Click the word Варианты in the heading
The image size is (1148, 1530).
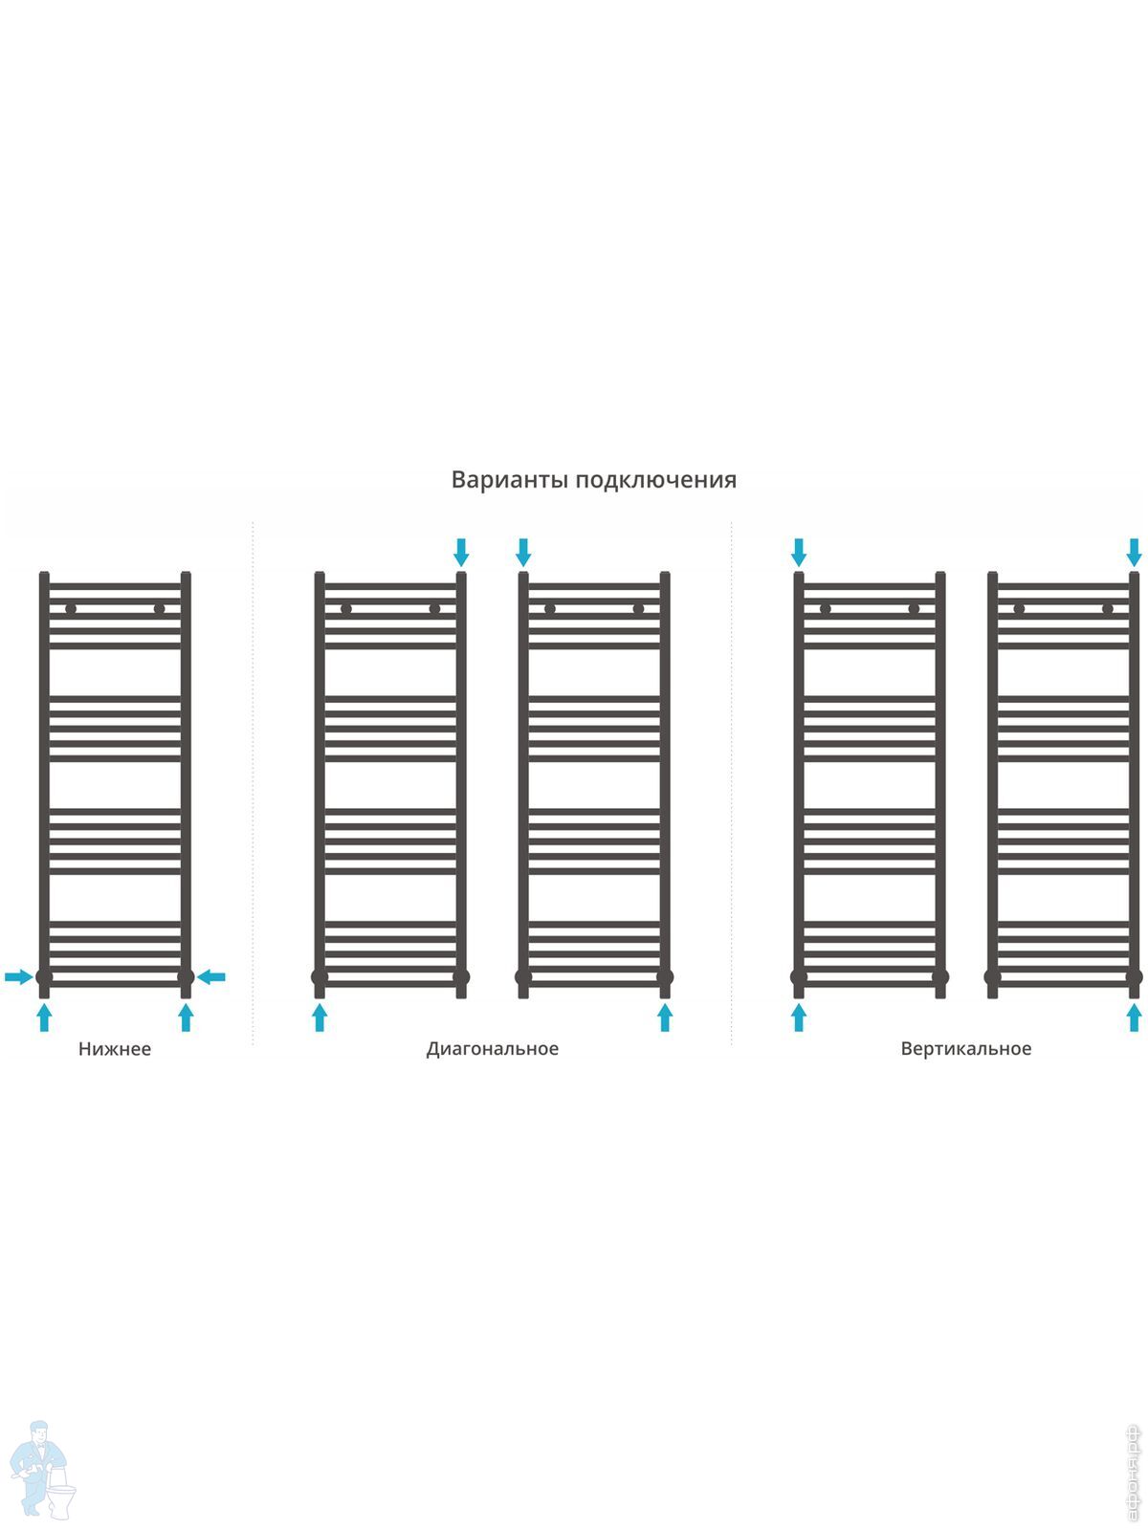point(508,479)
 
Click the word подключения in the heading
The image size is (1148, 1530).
point(655,480)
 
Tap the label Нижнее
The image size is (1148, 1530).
point(115,1049)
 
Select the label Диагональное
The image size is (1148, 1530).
point(492,1049)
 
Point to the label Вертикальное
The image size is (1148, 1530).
point(965,1049)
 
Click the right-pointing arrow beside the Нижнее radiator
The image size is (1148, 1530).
point(18,976)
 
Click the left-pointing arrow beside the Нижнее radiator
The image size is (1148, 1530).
point(211,976)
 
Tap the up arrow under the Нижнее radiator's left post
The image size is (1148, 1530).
point(44,1016)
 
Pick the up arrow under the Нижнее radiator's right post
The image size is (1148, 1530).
point(186,1016)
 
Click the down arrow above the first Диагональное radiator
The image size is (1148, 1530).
point(461,552)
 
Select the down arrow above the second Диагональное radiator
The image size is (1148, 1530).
point(523,552)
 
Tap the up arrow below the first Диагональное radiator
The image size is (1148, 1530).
point(320,1016)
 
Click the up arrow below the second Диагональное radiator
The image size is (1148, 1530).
point(665,1016)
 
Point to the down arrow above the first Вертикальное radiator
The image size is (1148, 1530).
point(799,552)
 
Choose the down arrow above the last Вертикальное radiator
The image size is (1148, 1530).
point(1134,552)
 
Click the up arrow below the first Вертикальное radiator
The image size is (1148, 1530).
point(799,1016)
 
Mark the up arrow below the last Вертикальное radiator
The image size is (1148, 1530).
point(1134,1016)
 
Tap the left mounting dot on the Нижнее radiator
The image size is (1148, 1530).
point(71,608)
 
